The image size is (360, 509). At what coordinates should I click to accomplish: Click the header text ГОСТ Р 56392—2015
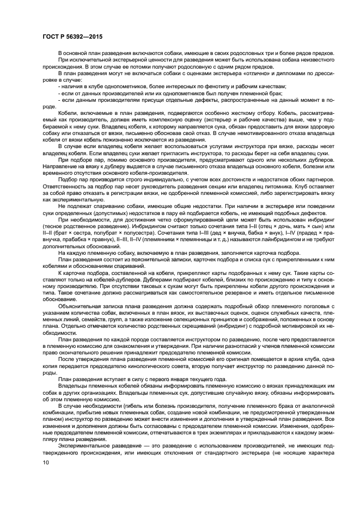(72, 36)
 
